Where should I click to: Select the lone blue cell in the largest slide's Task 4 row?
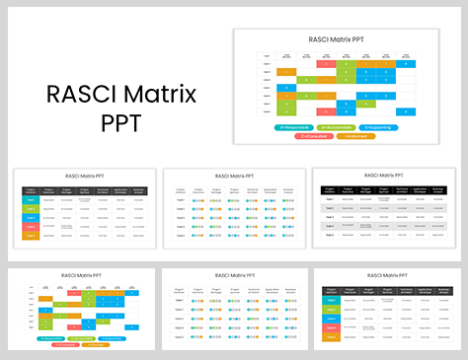click(x=286, y=88)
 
